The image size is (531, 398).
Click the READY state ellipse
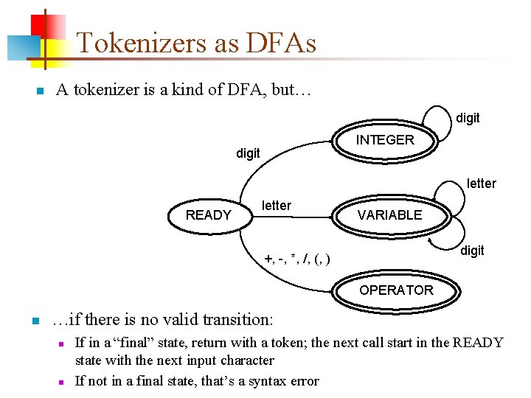208,215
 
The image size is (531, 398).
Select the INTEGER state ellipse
385,140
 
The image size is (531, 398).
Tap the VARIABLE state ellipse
389,215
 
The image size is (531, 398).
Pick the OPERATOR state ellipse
396,290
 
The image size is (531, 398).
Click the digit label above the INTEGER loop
468,118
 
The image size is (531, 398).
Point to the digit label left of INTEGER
248,153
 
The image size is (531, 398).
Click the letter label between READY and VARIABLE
277,206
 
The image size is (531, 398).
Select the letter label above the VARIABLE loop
481,184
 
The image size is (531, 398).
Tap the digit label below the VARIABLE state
472,251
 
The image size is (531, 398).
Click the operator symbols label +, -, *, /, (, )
297,258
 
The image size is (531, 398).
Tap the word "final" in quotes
141,343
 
